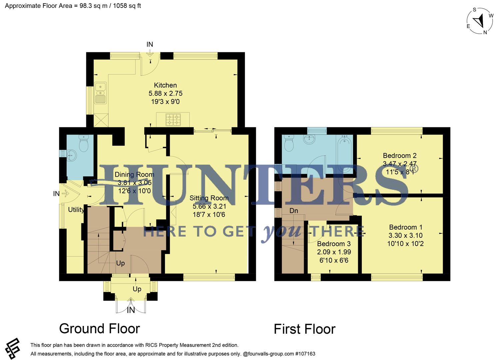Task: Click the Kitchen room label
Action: (165, 85)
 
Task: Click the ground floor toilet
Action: (83, 144)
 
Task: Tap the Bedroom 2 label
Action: (399, 156)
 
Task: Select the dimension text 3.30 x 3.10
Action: (405, 235)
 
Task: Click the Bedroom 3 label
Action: (334, 244)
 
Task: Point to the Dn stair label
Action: (293, 211)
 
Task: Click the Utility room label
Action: (76, 210)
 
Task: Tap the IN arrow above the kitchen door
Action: (150, 52)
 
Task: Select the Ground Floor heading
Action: (99, 329)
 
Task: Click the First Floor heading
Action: (304, 329)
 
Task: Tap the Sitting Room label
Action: (209, 198)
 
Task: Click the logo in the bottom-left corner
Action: (13, 349)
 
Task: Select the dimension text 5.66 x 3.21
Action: (209, 206)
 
